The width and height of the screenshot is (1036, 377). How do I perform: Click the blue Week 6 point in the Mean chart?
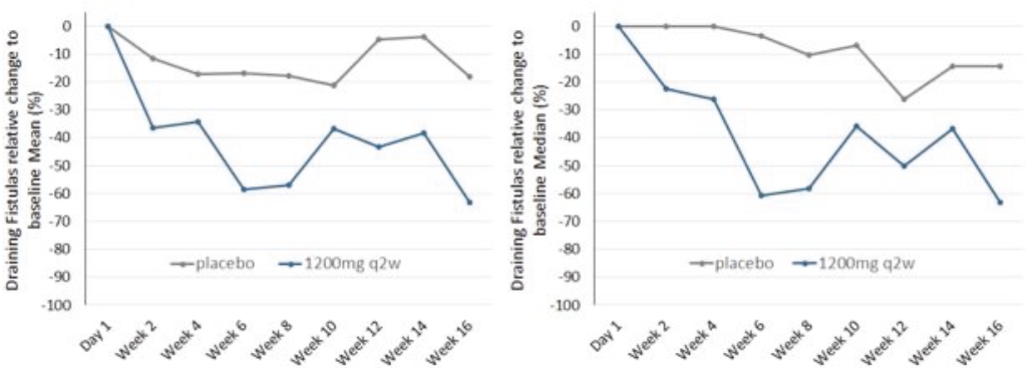click(x=243, y=189)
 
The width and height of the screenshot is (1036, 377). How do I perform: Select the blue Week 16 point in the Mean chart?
click(x=469, y=202)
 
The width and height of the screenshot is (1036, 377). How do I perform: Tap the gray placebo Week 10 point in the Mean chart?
click(x=334, y=86)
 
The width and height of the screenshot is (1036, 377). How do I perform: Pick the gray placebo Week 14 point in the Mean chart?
click(x=423, y=37)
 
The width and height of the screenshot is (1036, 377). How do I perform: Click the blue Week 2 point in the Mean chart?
click(x=153, y=128)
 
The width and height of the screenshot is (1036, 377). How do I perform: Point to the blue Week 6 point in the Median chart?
click(x=760, y=195)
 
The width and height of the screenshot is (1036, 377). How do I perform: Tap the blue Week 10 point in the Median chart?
click(x=857, y=125)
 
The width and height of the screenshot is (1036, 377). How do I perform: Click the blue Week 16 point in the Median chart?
click(x=999, y=202)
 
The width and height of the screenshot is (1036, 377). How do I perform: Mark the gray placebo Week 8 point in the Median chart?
click(x=809, y=55)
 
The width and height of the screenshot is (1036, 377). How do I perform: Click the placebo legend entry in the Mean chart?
click(x=208, y=263)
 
